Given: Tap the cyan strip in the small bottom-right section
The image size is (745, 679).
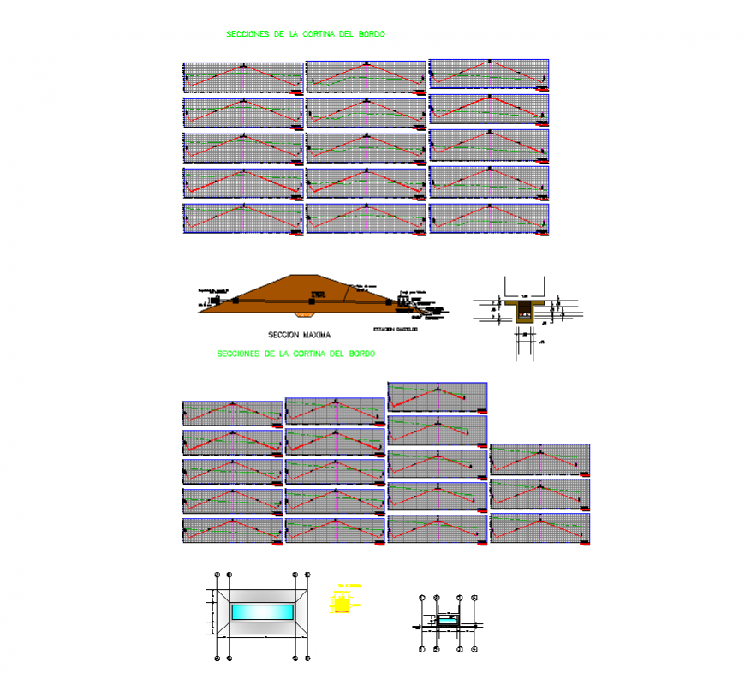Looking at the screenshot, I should tap(447, 622).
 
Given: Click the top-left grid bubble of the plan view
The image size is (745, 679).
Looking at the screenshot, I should tap(218, 575).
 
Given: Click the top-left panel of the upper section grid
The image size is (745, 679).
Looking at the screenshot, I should tap(243, 77).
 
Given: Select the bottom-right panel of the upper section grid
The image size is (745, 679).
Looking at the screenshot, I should tap(489, 218).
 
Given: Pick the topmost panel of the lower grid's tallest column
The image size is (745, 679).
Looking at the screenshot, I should tap(438, 397).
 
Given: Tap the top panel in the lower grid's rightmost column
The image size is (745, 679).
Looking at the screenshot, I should tap(540, 459).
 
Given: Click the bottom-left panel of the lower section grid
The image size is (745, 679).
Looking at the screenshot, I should tap(232, 531).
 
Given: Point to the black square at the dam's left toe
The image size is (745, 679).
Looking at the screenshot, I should tap(234, 300).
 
